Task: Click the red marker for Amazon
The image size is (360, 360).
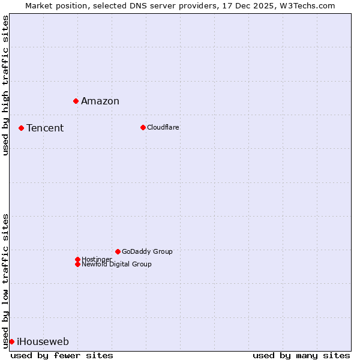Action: coord(76,101)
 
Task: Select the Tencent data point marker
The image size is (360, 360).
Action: coord(21,128)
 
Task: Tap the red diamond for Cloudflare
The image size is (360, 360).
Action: coord(143,127)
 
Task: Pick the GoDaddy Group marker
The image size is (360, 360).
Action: coord(118,251)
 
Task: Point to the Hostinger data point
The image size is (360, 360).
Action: coord(77,259)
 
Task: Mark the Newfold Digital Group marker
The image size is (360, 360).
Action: coord(77,264)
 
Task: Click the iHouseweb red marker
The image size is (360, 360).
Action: coord(11,341)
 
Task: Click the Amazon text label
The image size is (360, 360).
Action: coord(100,101)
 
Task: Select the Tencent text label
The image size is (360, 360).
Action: coord(45,128)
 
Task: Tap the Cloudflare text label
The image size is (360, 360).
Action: coord(163,127)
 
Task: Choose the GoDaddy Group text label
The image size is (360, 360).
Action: coord(147,251)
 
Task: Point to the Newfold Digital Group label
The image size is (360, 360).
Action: coord(116,265)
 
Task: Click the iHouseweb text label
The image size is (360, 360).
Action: coord(43,342)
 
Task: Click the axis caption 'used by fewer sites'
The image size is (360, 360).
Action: coord(62,355)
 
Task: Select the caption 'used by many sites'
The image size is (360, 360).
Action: coord(301,355)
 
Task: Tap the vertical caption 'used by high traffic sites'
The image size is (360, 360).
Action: coord(5,85)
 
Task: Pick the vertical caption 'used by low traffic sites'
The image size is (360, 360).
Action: coord(5,280)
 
